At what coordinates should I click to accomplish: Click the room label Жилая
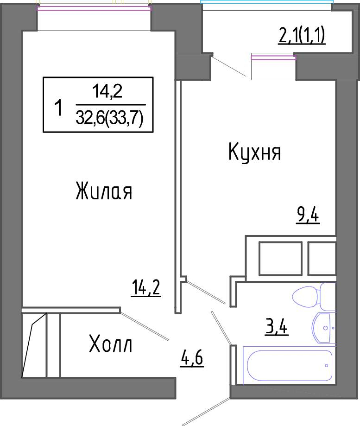[104, 191]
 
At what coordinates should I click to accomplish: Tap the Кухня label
[255, 153]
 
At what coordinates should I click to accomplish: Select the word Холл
[110, 344]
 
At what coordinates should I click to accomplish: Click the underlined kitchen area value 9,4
[308, 216]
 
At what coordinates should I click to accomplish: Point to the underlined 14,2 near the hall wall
[146, 288]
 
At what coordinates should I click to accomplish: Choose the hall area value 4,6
[192, 359]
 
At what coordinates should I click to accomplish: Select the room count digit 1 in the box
[58, 108]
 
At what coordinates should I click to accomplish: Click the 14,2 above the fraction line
[107, 91]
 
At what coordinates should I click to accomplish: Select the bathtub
[290, 365]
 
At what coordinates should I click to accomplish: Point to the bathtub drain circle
[326, 365]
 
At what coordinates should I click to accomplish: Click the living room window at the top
[94, 8]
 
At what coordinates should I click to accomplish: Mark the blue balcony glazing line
[266, 1]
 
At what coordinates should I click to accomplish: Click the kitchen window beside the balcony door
[273, 57]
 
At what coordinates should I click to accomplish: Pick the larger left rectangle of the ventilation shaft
[280, 258]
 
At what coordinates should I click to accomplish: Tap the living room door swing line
[145, 326]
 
